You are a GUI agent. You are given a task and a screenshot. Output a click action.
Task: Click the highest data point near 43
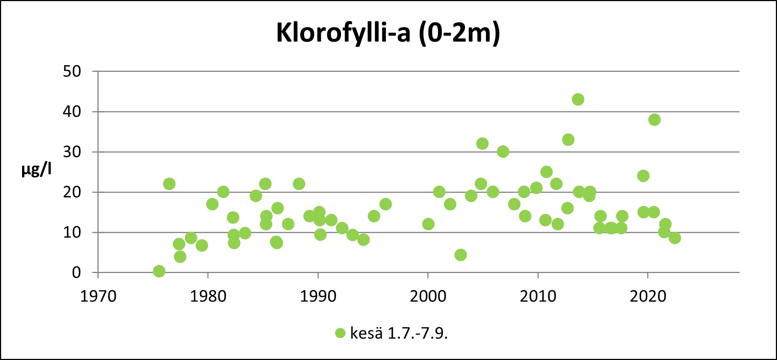[578, 99]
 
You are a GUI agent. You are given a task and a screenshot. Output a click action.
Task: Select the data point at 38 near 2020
[655, 120]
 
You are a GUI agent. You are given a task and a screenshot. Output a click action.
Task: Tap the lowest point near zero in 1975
[159, 271]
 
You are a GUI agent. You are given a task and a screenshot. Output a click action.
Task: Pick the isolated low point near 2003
[460, 255]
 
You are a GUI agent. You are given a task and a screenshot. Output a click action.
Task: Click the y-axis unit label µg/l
[36, 169]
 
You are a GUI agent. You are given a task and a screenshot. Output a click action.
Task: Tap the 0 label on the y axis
[76, 273]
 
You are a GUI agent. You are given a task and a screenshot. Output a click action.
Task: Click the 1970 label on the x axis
[98, 297]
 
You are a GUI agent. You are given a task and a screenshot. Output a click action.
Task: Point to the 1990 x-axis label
[318, 297]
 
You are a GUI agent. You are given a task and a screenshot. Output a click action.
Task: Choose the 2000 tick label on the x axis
[428, 297]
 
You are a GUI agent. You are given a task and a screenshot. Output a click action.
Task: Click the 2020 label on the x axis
[648, 297]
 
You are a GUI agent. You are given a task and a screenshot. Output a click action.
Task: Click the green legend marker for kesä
[340, 333]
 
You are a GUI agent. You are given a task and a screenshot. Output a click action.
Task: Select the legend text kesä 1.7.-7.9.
[399, 333]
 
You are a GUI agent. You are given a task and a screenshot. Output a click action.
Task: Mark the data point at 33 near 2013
[568, 140]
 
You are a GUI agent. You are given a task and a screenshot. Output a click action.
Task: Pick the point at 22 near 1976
[169, 184]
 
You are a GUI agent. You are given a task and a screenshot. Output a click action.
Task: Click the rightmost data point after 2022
[674, 238]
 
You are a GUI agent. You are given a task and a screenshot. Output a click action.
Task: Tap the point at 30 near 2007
[503, 152]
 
